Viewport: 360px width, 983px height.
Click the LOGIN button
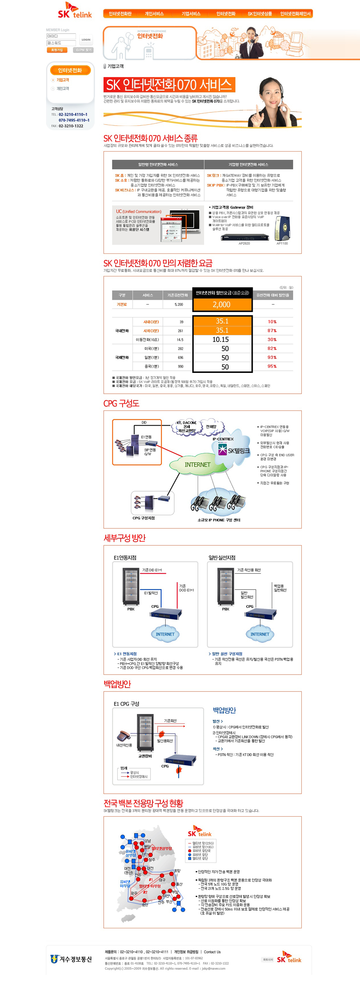click(x=86, y=40)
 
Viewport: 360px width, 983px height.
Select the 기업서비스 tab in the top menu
click(x=191, y=14)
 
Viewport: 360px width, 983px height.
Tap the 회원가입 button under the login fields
click(x=57, y=50)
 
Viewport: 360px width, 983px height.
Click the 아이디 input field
click(x=61, y=36)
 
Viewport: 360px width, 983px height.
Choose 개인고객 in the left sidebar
click(x=63, y=89)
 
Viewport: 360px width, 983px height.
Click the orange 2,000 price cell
click(x=222, y=305)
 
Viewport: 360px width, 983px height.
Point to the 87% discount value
click(x=272, y=330)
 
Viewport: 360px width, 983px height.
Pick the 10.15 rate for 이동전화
click(x=221, y=340)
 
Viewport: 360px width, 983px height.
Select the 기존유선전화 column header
click(x=177, y=295)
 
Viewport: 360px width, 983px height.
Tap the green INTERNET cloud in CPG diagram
click(x=197, y=464)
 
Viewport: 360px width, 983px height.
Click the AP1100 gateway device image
click(x=282, y=228)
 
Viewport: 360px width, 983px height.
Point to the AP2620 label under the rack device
click(x=244, y=243)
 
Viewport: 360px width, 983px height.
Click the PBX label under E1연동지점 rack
click(x=131, y=609)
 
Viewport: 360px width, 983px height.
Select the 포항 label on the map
click(x=177, y=870)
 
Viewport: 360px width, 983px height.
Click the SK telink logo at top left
click(x=75, y=11)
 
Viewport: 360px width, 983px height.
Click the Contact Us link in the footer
click(x=212, y=952)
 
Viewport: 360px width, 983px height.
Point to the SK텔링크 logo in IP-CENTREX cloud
click(x=234, y=450)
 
